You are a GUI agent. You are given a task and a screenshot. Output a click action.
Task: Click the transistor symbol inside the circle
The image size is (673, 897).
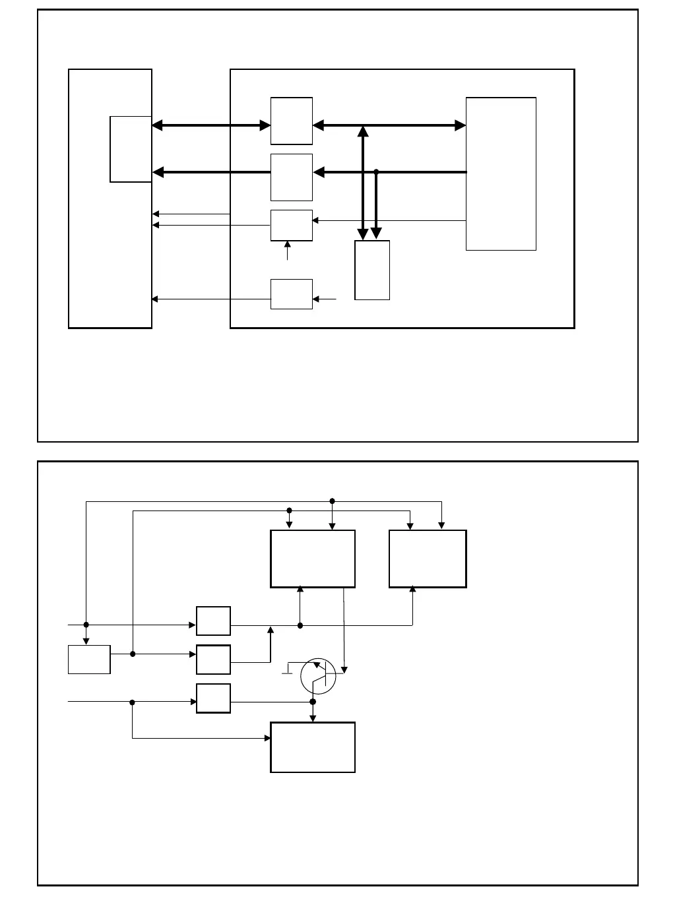[x=318, y=676]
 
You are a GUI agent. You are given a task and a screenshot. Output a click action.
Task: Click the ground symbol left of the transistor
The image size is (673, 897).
[x=288, y=672]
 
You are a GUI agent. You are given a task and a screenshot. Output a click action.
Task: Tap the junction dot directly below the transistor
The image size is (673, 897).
[x=313, y=702]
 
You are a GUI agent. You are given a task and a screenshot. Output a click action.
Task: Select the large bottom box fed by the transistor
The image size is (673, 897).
[x=313, y=747]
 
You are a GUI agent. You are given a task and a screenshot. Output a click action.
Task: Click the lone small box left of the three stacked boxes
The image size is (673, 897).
[x=89, y=660]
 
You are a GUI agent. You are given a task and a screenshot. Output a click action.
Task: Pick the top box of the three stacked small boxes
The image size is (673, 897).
[x=213, y=621]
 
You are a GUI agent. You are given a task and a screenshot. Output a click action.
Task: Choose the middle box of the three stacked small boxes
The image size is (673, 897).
[x=213, y=660]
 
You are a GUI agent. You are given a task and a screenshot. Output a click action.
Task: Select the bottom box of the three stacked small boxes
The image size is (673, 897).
[x=213, y=698]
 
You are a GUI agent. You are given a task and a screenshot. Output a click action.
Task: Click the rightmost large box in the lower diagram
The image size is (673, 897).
[x=428, y=559]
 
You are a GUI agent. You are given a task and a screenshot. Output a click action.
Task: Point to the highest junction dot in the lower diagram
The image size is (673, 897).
[x=332, y=501]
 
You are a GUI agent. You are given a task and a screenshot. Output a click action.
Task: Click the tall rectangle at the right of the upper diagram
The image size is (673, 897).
[x=501, y=174]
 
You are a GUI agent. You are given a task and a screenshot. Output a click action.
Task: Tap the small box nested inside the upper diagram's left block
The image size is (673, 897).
[x=131, y=149]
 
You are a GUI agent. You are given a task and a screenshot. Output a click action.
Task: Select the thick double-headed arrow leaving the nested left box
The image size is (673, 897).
[x=211, y=125]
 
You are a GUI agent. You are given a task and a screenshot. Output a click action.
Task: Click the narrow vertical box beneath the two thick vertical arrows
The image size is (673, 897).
[x=372, y=270]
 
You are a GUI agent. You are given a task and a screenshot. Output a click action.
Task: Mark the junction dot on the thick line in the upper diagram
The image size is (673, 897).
[x=376, y=171]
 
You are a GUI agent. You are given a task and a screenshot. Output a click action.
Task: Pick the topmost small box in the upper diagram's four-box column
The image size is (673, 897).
[x=292, y=121]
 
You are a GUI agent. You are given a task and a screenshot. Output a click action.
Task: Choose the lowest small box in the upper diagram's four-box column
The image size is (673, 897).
[x=292, y=294]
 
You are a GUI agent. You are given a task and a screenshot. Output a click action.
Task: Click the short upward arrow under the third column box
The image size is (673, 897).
[x=287, y=251]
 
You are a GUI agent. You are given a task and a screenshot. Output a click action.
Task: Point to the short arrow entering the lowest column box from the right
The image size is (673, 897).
[x=325, y=299]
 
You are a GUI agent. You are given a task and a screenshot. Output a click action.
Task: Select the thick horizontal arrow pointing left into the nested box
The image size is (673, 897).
[x=211, y=172]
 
